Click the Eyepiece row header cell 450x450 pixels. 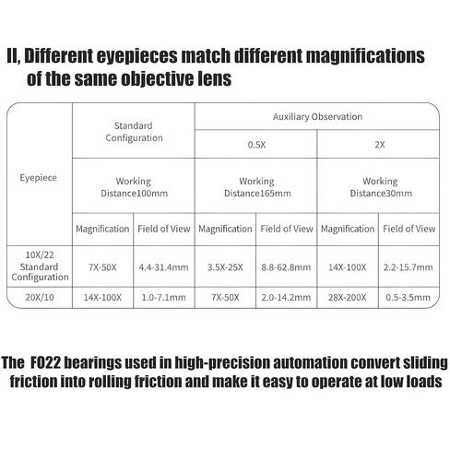tap(39, 178)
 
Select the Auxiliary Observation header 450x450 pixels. tap(317, 117)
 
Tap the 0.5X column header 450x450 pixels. tap(256, 145)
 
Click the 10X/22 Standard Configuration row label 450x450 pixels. tap(40, 266)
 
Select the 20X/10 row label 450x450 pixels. tap(40, 297)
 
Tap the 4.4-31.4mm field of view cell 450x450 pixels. tap(163, 267)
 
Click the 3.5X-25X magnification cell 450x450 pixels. tap(225, 267)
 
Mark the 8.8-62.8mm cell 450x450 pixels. tap(286, 267)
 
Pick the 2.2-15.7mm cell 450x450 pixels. tap(408, 267)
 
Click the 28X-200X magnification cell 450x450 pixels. tap(347, 297)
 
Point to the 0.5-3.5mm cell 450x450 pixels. tap(408, 297)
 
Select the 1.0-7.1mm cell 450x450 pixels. tap(163, 297)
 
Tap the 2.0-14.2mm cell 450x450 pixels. tap(286, 297)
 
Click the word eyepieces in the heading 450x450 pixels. tap(137, 56)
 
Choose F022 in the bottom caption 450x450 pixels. tap(45, 362)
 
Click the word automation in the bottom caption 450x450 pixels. tap(310, 362)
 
